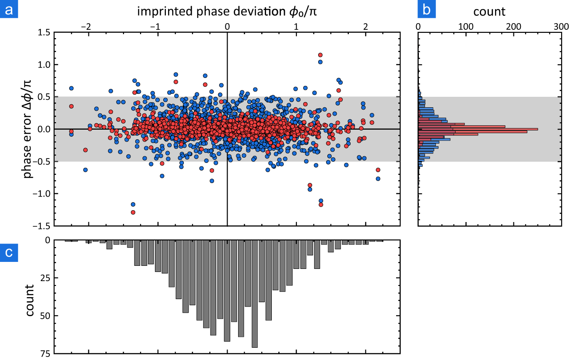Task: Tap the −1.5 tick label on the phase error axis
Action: point(43,226)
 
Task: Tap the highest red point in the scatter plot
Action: point(320,55)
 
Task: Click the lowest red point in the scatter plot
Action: point(133,212)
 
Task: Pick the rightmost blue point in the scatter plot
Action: point(378,179)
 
